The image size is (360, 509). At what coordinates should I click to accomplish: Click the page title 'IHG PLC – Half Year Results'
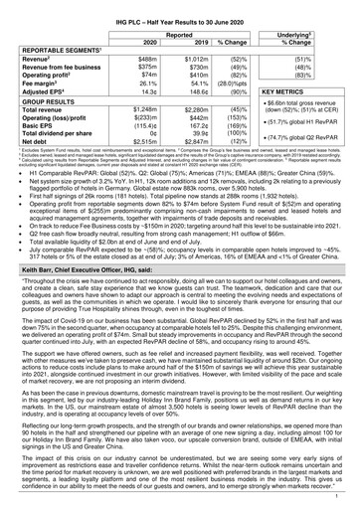180,8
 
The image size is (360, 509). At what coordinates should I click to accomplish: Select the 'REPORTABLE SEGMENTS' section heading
66,42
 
